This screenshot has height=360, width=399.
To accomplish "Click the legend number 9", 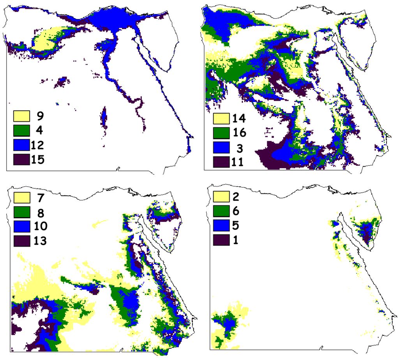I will coord(40,116).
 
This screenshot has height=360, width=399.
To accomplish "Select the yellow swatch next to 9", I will coord(22,116).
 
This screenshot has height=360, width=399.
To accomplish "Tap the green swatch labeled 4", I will coord(22,130).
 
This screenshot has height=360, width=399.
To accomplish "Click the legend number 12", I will coord(38,145).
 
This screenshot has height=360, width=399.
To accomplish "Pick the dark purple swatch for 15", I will coord(22,159).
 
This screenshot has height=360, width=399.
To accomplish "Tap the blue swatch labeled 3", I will coord(222,148).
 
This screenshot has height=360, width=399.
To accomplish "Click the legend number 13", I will coord(41,241).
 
